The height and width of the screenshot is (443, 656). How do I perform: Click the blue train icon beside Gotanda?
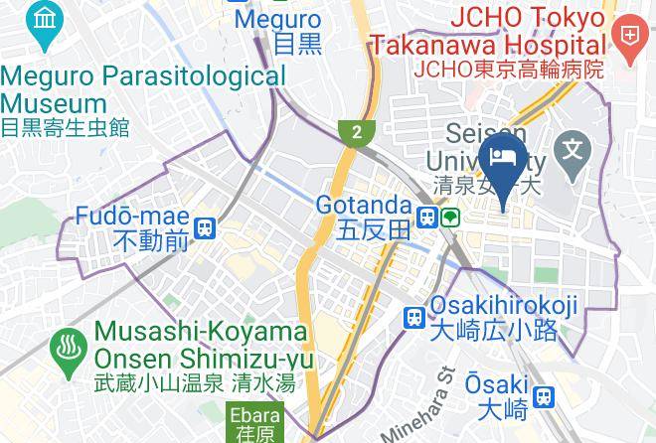[x=427, y=217]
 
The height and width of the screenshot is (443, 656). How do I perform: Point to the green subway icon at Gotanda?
[x=450, y=217]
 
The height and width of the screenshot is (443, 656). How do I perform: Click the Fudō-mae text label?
[x=134, y=217]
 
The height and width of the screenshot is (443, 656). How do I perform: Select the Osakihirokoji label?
[x=504, y=308]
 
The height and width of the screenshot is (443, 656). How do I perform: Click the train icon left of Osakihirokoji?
[x=414, y=318]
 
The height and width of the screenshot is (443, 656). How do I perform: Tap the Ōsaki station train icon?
[x=542, y=397]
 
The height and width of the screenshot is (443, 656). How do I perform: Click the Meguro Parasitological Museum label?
[x=142, y=89]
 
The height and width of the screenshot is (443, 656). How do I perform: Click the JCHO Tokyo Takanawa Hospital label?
[x=487, y=32]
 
